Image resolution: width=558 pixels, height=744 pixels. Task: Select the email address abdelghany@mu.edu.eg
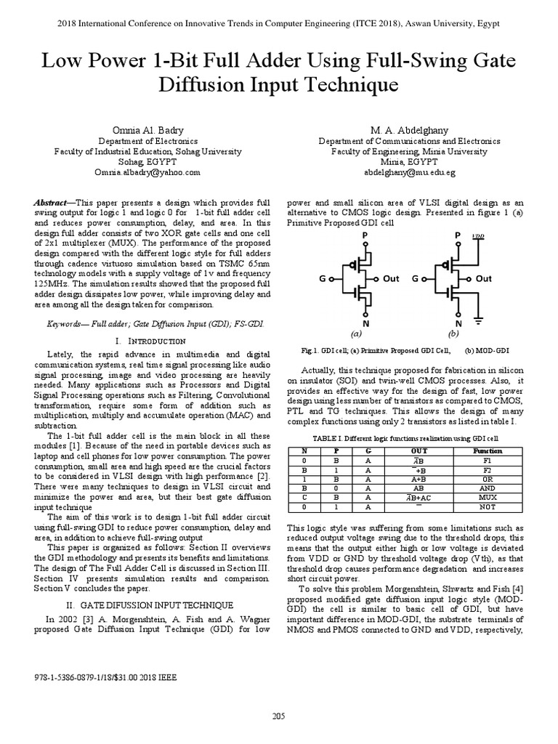400,173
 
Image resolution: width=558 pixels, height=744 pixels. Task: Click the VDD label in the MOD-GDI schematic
478,237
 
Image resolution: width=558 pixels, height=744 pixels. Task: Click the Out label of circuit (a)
391,278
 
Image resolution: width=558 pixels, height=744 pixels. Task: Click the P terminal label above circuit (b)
457,235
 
